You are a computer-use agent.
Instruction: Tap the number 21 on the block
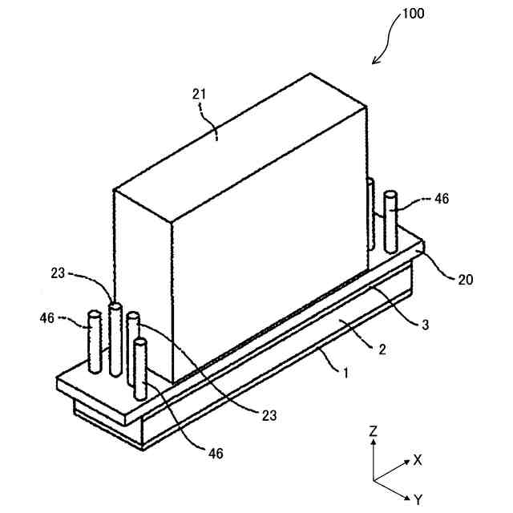[199, 95]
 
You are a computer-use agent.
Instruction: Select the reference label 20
[465, 280]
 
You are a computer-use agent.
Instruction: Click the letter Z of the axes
[374, 430]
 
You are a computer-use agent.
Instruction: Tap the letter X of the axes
[417, 460]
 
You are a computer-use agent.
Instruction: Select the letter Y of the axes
[417, 499]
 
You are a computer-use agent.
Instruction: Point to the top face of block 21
[240, 144]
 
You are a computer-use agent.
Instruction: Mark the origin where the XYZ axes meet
[374, 479]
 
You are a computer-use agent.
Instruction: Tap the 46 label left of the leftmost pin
[46, 318]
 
